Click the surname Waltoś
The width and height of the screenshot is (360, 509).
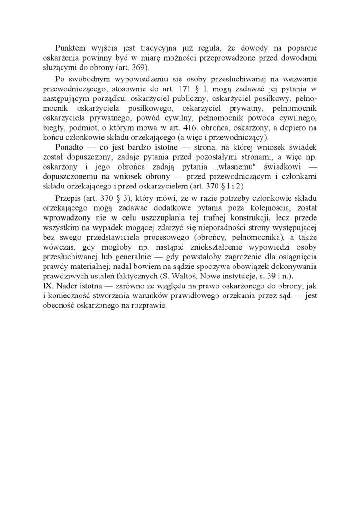pyautogui.click(x=198, y=276)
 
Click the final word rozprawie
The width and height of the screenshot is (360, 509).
pyautogui.click(x=149, y=305)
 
